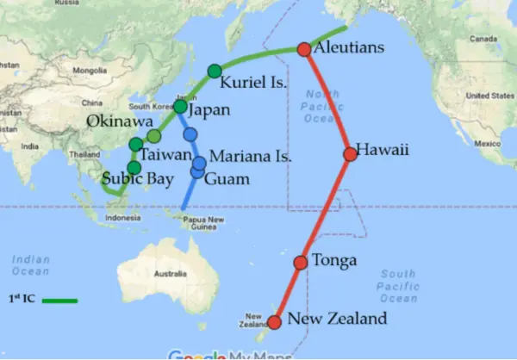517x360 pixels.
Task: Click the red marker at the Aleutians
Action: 303,49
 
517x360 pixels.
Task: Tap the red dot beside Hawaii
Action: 350,154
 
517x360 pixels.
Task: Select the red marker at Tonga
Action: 301,262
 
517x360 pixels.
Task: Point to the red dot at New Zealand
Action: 274,323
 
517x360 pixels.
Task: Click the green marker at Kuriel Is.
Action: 215,71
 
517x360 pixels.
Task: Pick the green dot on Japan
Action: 180,107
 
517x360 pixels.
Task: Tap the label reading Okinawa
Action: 115,121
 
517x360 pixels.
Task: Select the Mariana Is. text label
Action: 251,158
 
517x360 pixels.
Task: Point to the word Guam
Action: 227,179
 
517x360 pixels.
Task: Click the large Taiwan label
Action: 165,155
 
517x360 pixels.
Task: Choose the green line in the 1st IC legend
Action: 59,301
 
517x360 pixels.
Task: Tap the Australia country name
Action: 170,275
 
